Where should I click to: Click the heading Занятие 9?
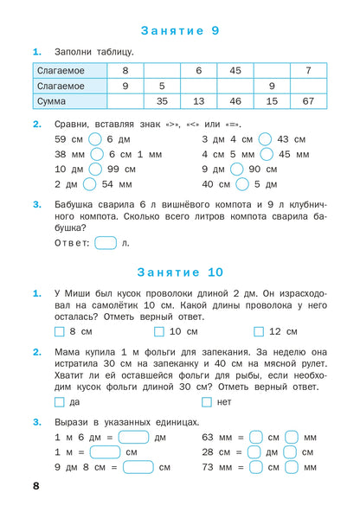[179, 30]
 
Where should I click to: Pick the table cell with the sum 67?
[309, 101]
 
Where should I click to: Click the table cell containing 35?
[162, 101]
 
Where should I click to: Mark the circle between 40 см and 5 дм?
[242, 184]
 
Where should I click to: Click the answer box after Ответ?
[106, 243]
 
